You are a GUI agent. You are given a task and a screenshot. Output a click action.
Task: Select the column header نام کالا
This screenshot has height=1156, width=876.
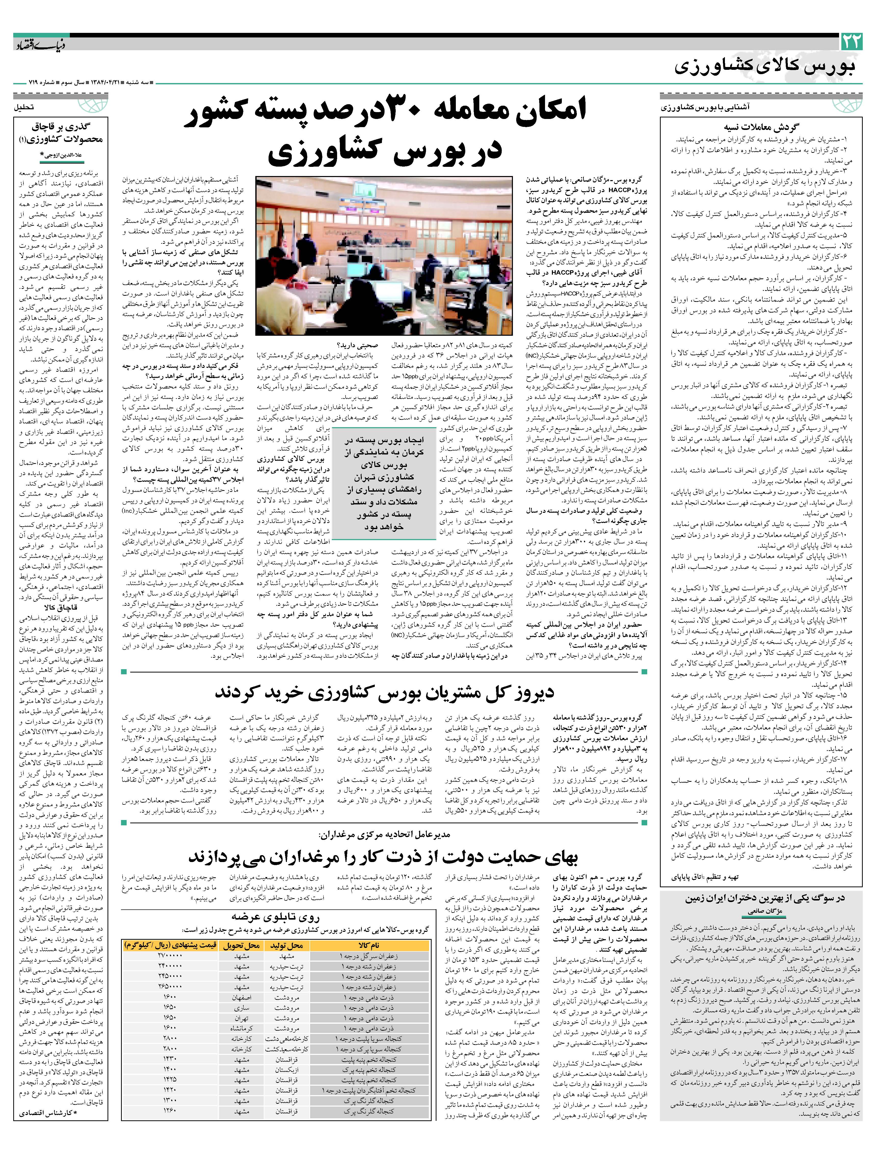368,945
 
